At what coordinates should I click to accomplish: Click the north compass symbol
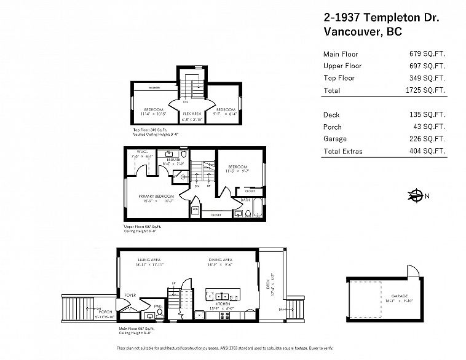[x=415, y=197]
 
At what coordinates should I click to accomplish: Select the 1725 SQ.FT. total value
[x=427, y=90]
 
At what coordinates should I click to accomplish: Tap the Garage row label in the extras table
[x=334, y=139]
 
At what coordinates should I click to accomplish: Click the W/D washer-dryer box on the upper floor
[x=195, y=209]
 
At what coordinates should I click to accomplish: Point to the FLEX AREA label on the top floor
[x=192, y=114]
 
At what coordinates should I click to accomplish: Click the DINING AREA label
[x=219, y=260]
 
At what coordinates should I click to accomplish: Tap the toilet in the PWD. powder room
[x=159, y=312]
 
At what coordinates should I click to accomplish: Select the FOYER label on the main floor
[x=130, y=295]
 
